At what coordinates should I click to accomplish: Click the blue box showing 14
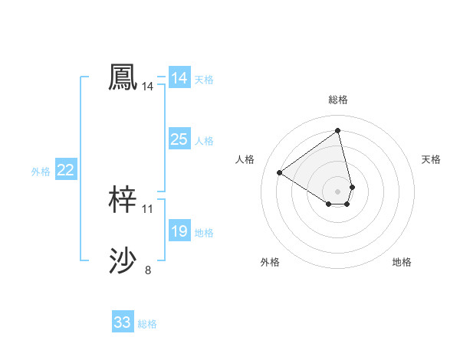pyautogui.click(x=179, y=78)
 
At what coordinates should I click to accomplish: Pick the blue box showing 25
pyautogui.click(x=179, y=139)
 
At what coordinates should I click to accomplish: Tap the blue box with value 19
pyautogui.click(x=179, y=231)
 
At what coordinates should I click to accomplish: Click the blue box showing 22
pyautogui.click(x=66, y=170)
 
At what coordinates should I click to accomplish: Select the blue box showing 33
pyautogui.click(x=123, y=322)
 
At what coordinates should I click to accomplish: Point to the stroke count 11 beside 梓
pyautogui.click(x=148, y=208)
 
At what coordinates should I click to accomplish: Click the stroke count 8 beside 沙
pyautogui.click(x=148, y=270)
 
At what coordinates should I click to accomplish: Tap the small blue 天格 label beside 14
pyautogui.click(x=204, y=80)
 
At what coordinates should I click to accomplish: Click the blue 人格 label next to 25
pyautogui.click(x=204, y=141)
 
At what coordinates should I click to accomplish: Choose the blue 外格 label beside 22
pyautogui.click(x=41, y=172)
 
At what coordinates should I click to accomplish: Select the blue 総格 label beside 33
pyautogui.click(x=147, y=324)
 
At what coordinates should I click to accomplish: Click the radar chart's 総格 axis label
pyautogui.click(x=337, y=100)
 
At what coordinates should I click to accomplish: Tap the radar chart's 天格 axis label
pyautogui.click(x=432, y=159)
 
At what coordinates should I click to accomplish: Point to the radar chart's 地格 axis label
pyautogui.click(x=402, y=262)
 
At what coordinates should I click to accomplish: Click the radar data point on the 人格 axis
pyautogui.click(x=280, y=172)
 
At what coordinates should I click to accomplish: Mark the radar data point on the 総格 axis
pyautogui.click(x=337, y=130)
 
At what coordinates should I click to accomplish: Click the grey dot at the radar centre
pyautogui.click(x=337, y=191)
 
